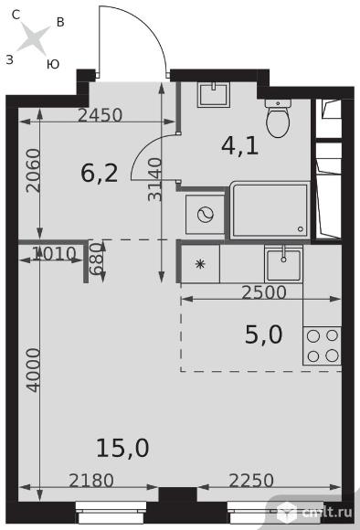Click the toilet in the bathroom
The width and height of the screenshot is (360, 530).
point(278,118)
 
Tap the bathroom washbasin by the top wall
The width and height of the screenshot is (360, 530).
point(214,94)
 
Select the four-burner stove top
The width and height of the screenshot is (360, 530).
point(323,345)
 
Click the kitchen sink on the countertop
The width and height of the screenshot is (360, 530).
point(283,264)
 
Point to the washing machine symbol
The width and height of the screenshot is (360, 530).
point(205,215)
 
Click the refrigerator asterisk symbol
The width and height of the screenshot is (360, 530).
point(200,264)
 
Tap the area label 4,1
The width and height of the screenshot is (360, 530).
point(240,146)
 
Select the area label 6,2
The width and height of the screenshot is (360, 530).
point(100,174)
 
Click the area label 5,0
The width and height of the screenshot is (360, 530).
point(263,334)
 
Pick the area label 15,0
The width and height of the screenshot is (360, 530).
point(122,448)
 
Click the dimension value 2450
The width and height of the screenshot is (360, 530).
point(100,115)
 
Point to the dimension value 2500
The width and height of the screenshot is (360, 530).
point(264,292)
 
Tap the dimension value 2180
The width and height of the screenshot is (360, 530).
point(91,481)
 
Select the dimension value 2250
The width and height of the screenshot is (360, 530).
point(251,481)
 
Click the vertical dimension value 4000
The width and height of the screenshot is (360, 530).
point(34,370)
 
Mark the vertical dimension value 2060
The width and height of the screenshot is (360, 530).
point(34,171)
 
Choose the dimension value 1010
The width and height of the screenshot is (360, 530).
point(54,253)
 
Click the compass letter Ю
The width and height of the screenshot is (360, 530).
point(53,64)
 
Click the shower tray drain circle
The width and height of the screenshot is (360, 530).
point(301,229)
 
